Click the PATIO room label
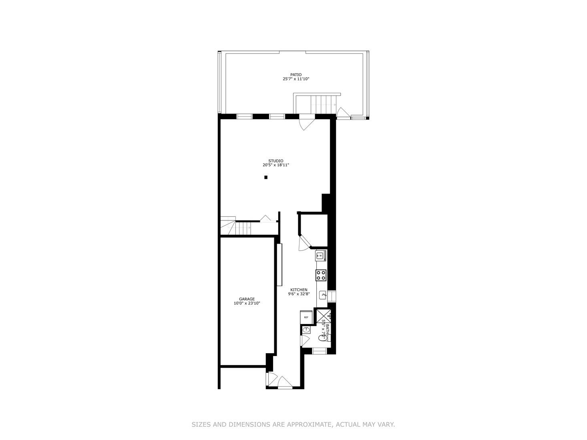click(x=296, y=74)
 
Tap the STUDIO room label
click(x=275, y=161)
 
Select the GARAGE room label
click(x=247, y=299)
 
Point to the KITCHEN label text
click(x=299, y=290)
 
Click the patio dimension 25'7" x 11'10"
click(x=296, y=79)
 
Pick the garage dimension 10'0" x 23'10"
click(x=247, y=304)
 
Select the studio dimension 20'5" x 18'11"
click(x=275, y=165)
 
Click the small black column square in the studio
click(x=266, y=177)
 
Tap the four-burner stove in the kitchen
click(x=321, y=275)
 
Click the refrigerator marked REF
click(x=306, y=316)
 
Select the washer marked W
click(x=320, y=255)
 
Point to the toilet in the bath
click(x=323, y=338)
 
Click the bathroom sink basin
click(x=306, y=329)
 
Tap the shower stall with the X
click(x=324, y=315)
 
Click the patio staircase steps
click(x=323, y=104)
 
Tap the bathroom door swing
click(x=305, y=340)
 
